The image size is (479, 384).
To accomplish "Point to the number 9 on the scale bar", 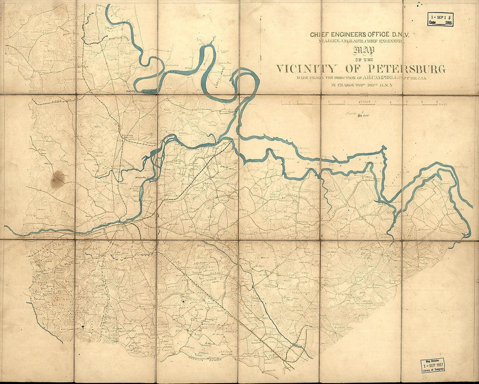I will (x=437, y=101).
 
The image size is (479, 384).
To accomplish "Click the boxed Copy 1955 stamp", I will (x=440, y=20).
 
